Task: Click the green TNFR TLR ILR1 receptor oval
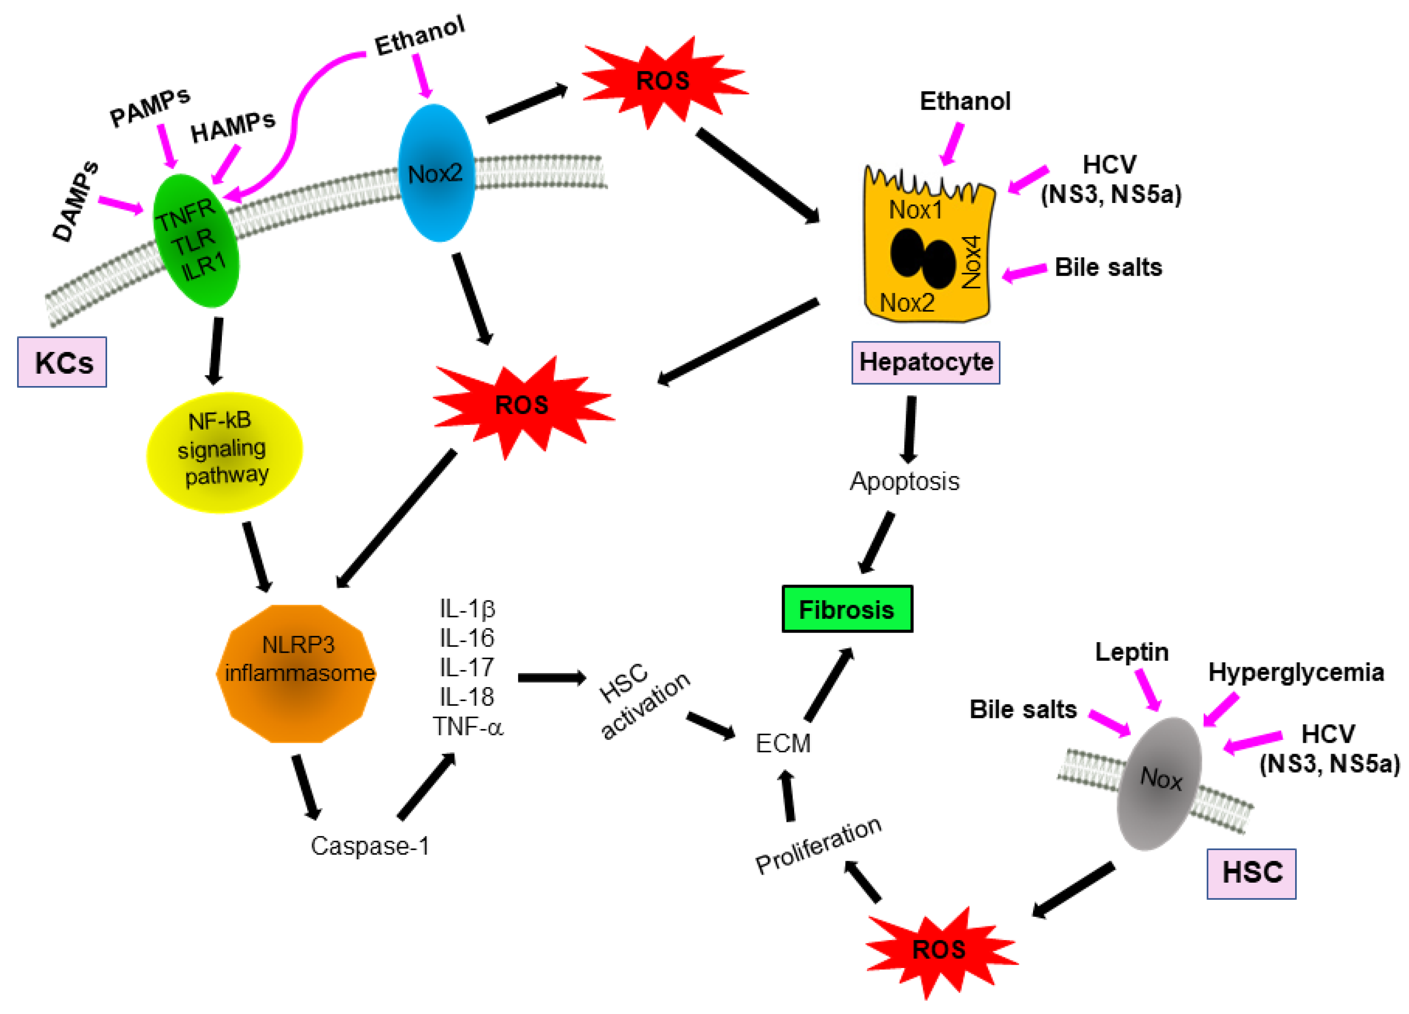(x=196, y=241)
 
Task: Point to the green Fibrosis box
(x=847, y=609)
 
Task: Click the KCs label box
(x=62, y=362)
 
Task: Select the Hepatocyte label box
(x=925, y=362)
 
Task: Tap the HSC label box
(x=1251, y=873)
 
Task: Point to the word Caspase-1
(x=370, y=846)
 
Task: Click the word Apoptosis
(x=905, y=481)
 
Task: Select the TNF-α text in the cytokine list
(x=468, y=726)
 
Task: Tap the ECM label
(x=783, y=743)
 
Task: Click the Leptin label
(x=1131, y=652)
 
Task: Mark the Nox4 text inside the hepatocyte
(x=971, y=262)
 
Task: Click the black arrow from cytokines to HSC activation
(x=552, y=677)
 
